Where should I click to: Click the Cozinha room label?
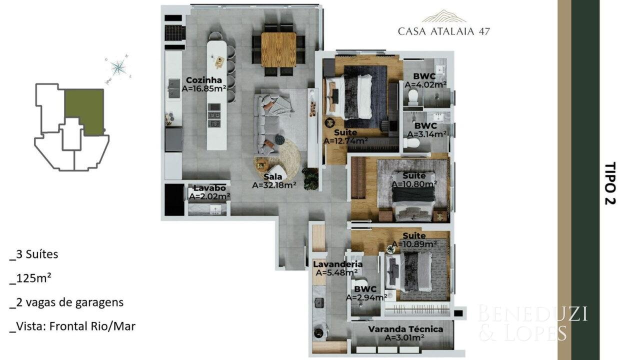(204, 80)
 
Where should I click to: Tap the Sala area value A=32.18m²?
(274, 185)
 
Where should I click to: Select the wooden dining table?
(278, 49)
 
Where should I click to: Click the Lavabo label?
(209, 188)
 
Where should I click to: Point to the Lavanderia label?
(337, 264)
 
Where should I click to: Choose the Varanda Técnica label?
(405, 329)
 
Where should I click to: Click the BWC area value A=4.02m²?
(425, 84)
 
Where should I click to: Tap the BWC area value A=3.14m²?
(427, 134)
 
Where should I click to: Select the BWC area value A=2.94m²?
(366, 297)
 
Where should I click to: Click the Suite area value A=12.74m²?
(345, 141)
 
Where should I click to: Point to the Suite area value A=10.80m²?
(414, 183)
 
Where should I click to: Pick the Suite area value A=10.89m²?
(414, 244)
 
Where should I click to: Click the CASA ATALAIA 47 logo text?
(443, 31)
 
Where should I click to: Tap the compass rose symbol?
(117, 67)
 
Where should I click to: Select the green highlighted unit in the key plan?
(84, 110)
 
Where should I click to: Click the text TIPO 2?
(610, 183)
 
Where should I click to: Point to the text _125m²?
(30, 278)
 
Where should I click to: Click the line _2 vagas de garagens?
(66, 302)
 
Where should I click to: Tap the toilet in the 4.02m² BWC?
(413, 96)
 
